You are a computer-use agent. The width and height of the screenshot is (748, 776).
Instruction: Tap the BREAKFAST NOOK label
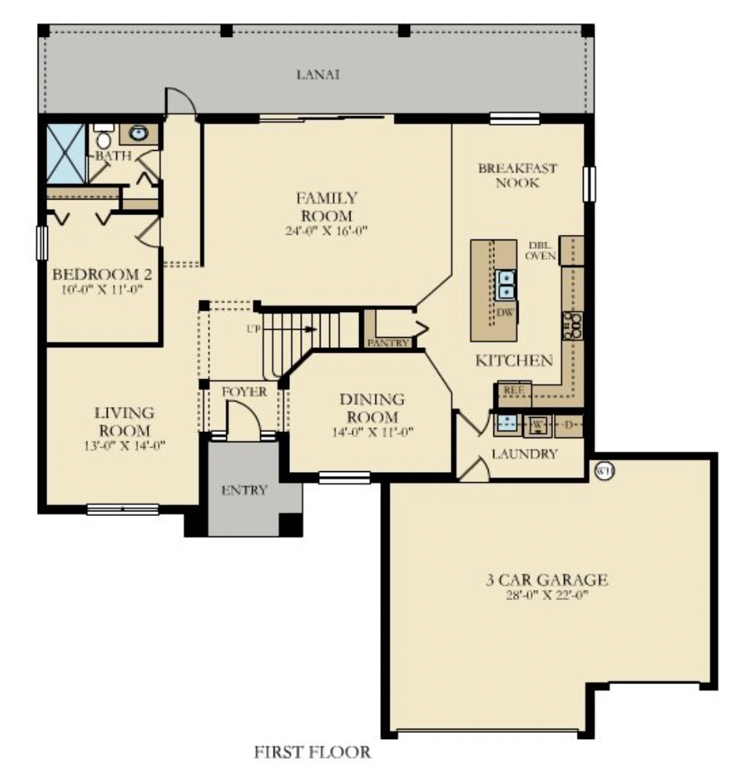518,175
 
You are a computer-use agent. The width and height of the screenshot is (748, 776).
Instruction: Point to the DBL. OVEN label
542,250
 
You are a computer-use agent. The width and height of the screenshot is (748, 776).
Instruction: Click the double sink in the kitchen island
507,284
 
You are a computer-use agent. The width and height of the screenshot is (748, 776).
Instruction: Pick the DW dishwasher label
504,312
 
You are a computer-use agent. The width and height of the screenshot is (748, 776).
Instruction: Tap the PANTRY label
387,342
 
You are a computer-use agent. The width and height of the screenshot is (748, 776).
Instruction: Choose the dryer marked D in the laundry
569,425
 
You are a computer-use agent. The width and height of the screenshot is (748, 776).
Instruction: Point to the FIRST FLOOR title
312,752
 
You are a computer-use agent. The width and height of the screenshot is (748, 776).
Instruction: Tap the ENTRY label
244,490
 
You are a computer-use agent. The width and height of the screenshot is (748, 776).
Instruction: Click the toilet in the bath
103,139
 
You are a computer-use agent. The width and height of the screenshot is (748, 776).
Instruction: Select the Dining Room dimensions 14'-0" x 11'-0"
372,431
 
